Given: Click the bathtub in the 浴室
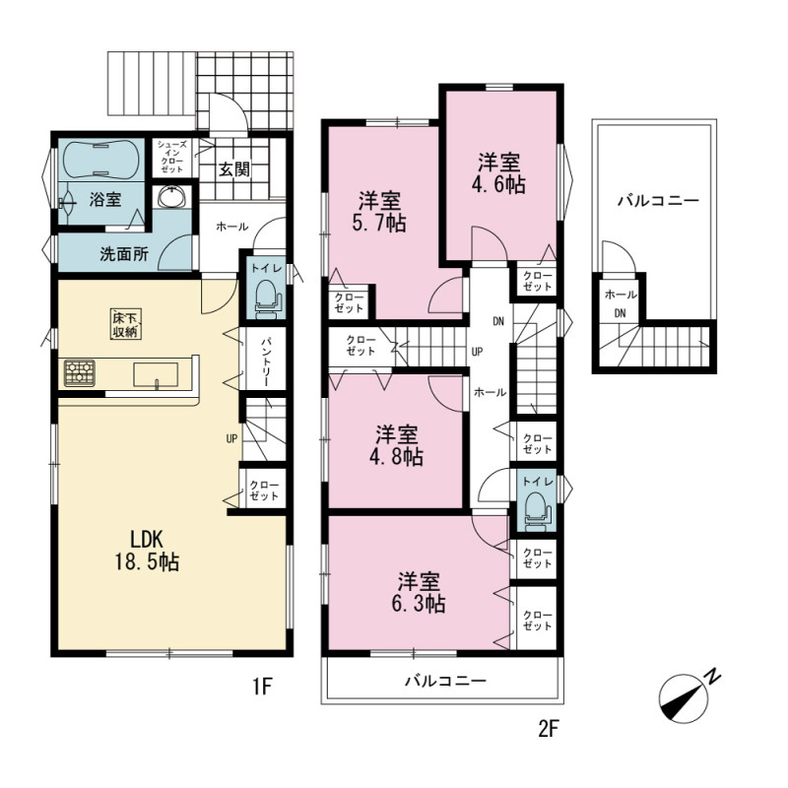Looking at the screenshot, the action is tap(100, 159).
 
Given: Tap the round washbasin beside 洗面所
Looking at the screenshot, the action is tap(171, 196).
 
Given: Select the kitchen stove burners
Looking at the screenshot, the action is tap(80, 373).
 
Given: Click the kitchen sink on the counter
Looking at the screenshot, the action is tap(156, 375).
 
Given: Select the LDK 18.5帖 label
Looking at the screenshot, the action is tap(147, 552).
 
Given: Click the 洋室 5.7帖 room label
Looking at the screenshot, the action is tap(379, 212).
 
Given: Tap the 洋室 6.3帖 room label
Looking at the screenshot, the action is tap(419, 593).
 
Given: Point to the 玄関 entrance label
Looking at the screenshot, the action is tap(234, 169).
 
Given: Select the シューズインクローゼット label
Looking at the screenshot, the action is tap(171, 157).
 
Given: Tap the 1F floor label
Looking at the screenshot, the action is tap(262, 686).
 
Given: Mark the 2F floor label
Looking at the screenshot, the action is tap(549, 729).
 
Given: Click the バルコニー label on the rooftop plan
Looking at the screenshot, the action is tap(658, 201).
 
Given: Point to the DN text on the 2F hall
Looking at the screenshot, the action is tap(498, 322).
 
